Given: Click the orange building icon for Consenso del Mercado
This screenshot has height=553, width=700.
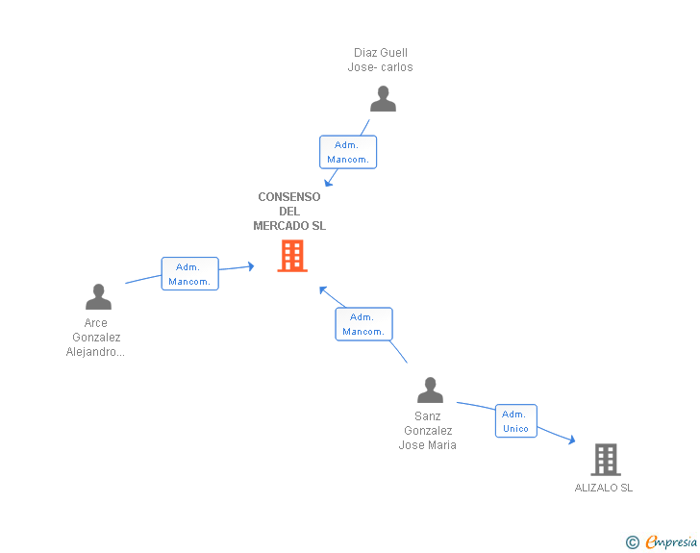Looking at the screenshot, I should (292, 256).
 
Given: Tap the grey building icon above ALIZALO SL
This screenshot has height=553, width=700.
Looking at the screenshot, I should (605, 460).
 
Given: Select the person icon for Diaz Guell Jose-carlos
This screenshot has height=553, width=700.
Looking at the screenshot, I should (383, 99).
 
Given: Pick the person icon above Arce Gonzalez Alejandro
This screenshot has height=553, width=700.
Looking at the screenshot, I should (98, 296).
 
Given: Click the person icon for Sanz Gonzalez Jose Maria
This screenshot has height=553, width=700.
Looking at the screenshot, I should (430, 390).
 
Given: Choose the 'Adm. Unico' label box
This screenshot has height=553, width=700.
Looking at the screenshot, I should (516, 421).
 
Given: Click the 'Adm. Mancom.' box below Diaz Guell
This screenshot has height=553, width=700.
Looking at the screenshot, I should (347, 152).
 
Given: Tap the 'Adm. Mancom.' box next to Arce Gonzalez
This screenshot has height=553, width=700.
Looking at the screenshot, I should (189, 274).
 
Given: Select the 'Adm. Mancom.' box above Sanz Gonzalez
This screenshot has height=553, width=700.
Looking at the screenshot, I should (363, 324).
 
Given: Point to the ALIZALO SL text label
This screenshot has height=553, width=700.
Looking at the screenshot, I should (604, 488).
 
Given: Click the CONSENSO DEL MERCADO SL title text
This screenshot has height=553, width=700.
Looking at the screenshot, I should (289, 212).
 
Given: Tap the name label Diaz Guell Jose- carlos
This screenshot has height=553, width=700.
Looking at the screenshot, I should (381, 60).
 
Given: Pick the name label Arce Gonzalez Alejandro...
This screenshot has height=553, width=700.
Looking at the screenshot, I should (96, 338).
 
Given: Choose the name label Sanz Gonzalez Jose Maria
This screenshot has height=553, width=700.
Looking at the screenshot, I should (428, 431).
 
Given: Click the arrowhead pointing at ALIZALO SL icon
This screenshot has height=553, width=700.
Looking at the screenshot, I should (571, 440).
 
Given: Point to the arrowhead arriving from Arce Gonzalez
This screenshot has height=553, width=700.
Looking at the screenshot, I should (250, 266).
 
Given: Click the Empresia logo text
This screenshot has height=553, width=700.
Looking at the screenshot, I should (671, 542).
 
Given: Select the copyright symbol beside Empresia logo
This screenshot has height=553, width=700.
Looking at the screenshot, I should (633, 542).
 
